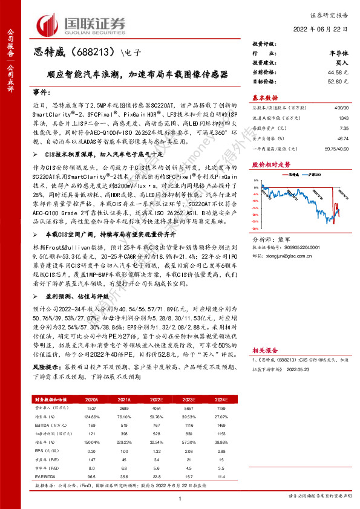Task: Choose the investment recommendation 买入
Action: click(x=342, y=63)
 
